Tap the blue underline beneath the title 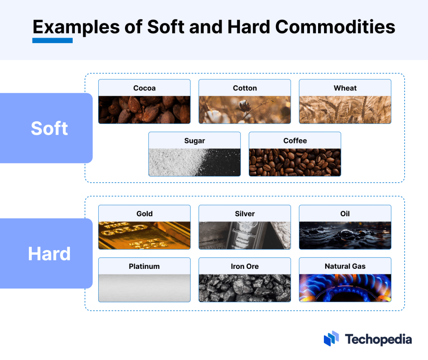[x=53, y=41]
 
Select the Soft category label [x=49, y=128]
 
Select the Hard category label [x=49, y=254]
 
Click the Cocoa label [x=144, y=88]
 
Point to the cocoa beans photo [x=144, y=110]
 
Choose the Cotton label [x=245, y=88]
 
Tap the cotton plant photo [x=245, y=110]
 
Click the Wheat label [x=345, y=88]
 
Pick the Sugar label [x=194, y=141]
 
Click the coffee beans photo [x=295, y=162]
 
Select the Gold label [x=144, y=214]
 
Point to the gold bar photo [x=144, y=235]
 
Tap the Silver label [x=245, y=214]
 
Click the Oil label [x=345, y=214]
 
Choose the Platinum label [x=144, y=266]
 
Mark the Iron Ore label [x=245, y=266]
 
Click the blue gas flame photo [x=345, y=288]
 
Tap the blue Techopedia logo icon [x=331, y=339]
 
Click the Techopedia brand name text [x=378, y=339]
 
